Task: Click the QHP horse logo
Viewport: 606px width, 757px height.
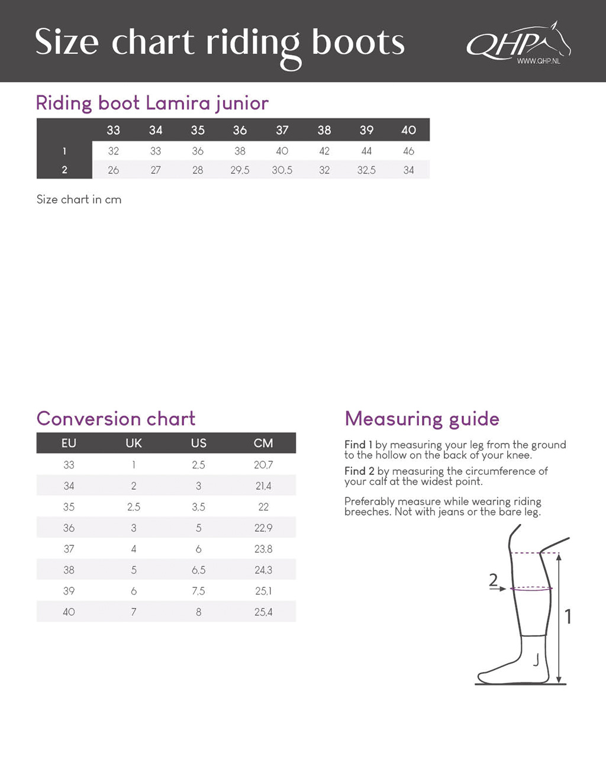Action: tap(518, 41)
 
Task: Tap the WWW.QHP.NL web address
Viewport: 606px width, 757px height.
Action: tap(538, 61)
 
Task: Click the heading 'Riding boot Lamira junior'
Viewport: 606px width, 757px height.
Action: tap(152, 103)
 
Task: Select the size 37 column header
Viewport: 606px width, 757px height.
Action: tap(282, 130)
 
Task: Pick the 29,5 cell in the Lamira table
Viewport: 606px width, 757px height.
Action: tap(240, 170)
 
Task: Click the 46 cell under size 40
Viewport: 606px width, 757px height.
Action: tap(408, 151)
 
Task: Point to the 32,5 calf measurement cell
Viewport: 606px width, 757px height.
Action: tap(366, 170)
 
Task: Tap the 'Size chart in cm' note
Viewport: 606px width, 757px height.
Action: tap(79, 199)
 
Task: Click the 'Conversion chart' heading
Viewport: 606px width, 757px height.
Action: tap(116, 419)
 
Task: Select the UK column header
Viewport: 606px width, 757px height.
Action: tap(134, 443)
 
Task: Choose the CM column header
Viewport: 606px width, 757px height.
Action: tap(263, 443)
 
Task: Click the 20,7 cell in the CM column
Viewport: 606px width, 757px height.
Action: tap(263, 465)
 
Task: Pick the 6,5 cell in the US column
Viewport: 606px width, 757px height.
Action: tap(198, 570)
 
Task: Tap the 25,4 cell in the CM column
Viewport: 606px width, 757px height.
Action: tap(263, 612)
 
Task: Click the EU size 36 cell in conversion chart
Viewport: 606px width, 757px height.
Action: tap(69, 528)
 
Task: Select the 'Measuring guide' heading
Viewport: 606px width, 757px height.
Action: tap(422, 419)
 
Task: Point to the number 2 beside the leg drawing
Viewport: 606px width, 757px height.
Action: tap(494, 580)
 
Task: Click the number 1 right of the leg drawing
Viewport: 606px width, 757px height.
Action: tap(568, 617)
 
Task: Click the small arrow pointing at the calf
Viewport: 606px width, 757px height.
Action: tap(500, 589)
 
